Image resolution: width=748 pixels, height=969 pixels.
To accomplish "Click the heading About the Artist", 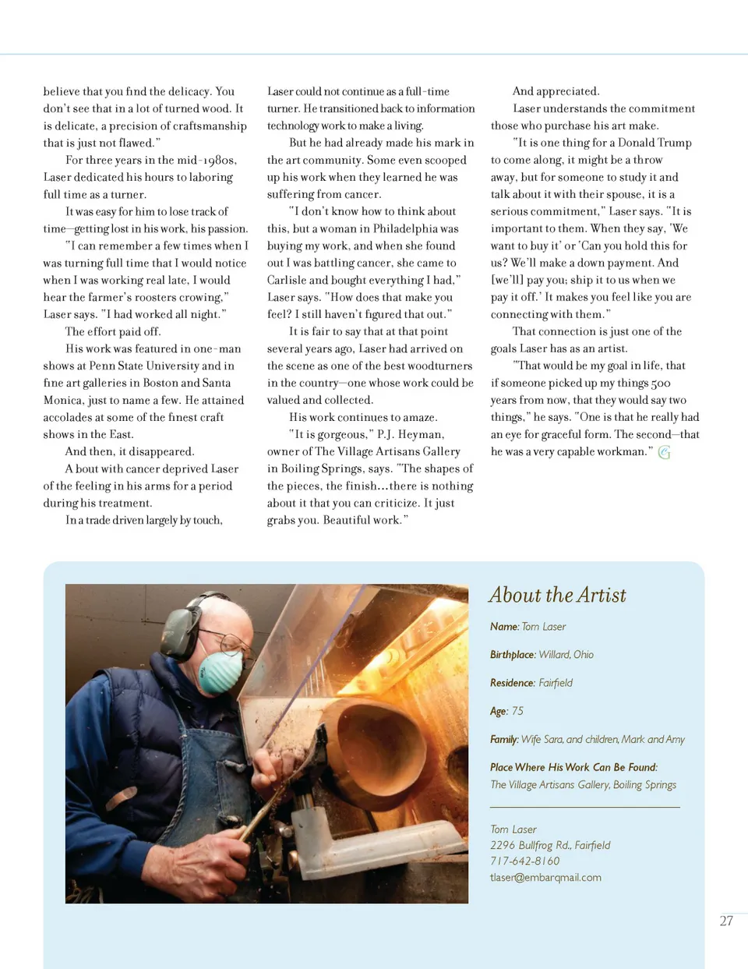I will click(557, 596).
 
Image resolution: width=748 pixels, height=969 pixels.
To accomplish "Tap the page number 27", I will click(726, 921).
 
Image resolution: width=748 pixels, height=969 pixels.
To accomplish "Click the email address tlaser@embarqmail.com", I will click(545, 877).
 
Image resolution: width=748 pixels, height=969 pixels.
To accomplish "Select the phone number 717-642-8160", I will click(524, 861).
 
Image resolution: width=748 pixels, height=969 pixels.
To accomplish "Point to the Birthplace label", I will click(513, 655).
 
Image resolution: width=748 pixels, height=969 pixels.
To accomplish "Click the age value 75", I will click(517, 711).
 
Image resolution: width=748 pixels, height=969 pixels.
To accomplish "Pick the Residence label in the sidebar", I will click(512, 683).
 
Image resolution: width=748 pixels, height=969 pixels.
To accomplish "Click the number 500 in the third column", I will click(660, 383).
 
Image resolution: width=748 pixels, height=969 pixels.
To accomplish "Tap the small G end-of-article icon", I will click(664, 452).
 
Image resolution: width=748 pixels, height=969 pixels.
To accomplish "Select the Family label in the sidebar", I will click(504, 739).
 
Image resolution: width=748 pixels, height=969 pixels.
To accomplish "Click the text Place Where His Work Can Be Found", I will click(573, 767).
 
